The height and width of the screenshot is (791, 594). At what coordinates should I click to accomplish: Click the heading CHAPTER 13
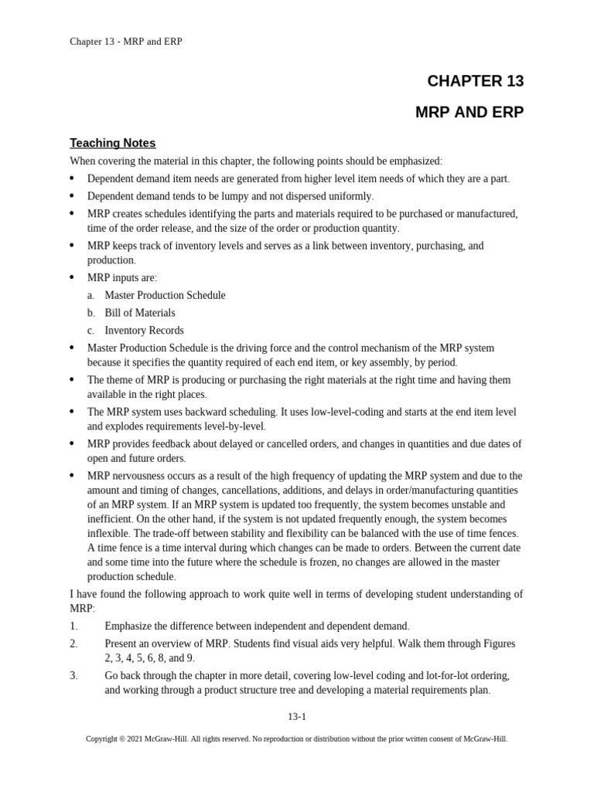click(x=475, y=81)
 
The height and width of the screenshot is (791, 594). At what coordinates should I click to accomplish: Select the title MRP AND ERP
click(x=469, y=112)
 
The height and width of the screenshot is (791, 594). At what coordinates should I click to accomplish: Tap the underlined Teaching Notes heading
click(x=112, y=143)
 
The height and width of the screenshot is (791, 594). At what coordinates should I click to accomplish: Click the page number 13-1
click(x=297, y=716)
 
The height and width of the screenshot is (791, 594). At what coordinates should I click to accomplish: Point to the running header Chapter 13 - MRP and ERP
click(x=126, y=42)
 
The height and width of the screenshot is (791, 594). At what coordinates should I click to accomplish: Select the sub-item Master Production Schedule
click(x=165, y=295)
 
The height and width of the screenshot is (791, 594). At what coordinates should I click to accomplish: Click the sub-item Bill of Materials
click(x=139, y=313)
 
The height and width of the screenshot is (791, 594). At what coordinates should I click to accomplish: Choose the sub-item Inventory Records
click(x=144, y=331)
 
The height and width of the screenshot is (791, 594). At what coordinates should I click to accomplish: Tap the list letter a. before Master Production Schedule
click(x=90, y=295)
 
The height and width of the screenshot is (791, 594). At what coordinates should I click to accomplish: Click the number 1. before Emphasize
click(x=73, y=626)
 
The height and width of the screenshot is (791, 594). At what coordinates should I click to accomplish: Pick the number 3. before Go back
click(x=73, y=675)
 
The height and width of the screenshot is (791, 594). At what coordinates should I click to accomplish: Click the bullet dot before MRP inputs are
click(x=72, y=277)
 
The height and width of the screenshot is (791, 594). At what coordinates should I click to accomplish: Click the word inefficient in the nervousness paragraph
click(x=109, y=519)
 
